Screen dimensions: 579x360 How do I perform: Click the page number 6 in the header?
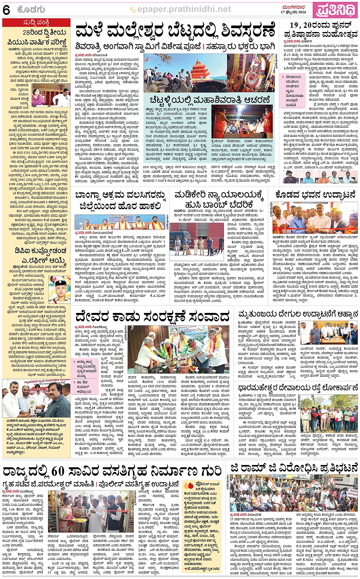6,10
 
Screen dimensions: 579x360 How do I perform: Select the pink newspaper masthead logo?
336,10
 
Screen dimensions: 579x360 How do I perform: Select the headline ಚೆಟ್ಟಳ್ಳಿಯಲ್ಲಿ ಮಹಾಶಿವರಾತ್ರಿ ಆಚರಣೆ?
210,100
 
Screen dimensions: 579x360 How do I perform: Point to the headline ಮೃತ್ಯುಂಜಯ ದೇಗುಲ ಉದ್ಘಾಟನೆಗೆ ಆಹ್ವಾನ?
298,315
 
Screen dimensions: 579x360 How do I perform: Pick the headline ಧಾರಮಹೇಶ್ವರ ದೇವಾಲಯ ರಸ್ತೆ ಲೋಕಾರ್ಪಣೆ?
298,388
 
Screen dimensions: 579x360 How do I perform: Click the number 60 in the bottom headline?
59,471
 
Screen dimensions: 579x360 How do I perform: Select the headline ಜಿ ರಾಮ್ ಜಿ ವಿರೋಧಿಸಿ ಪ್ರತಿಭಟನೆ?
294,468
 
